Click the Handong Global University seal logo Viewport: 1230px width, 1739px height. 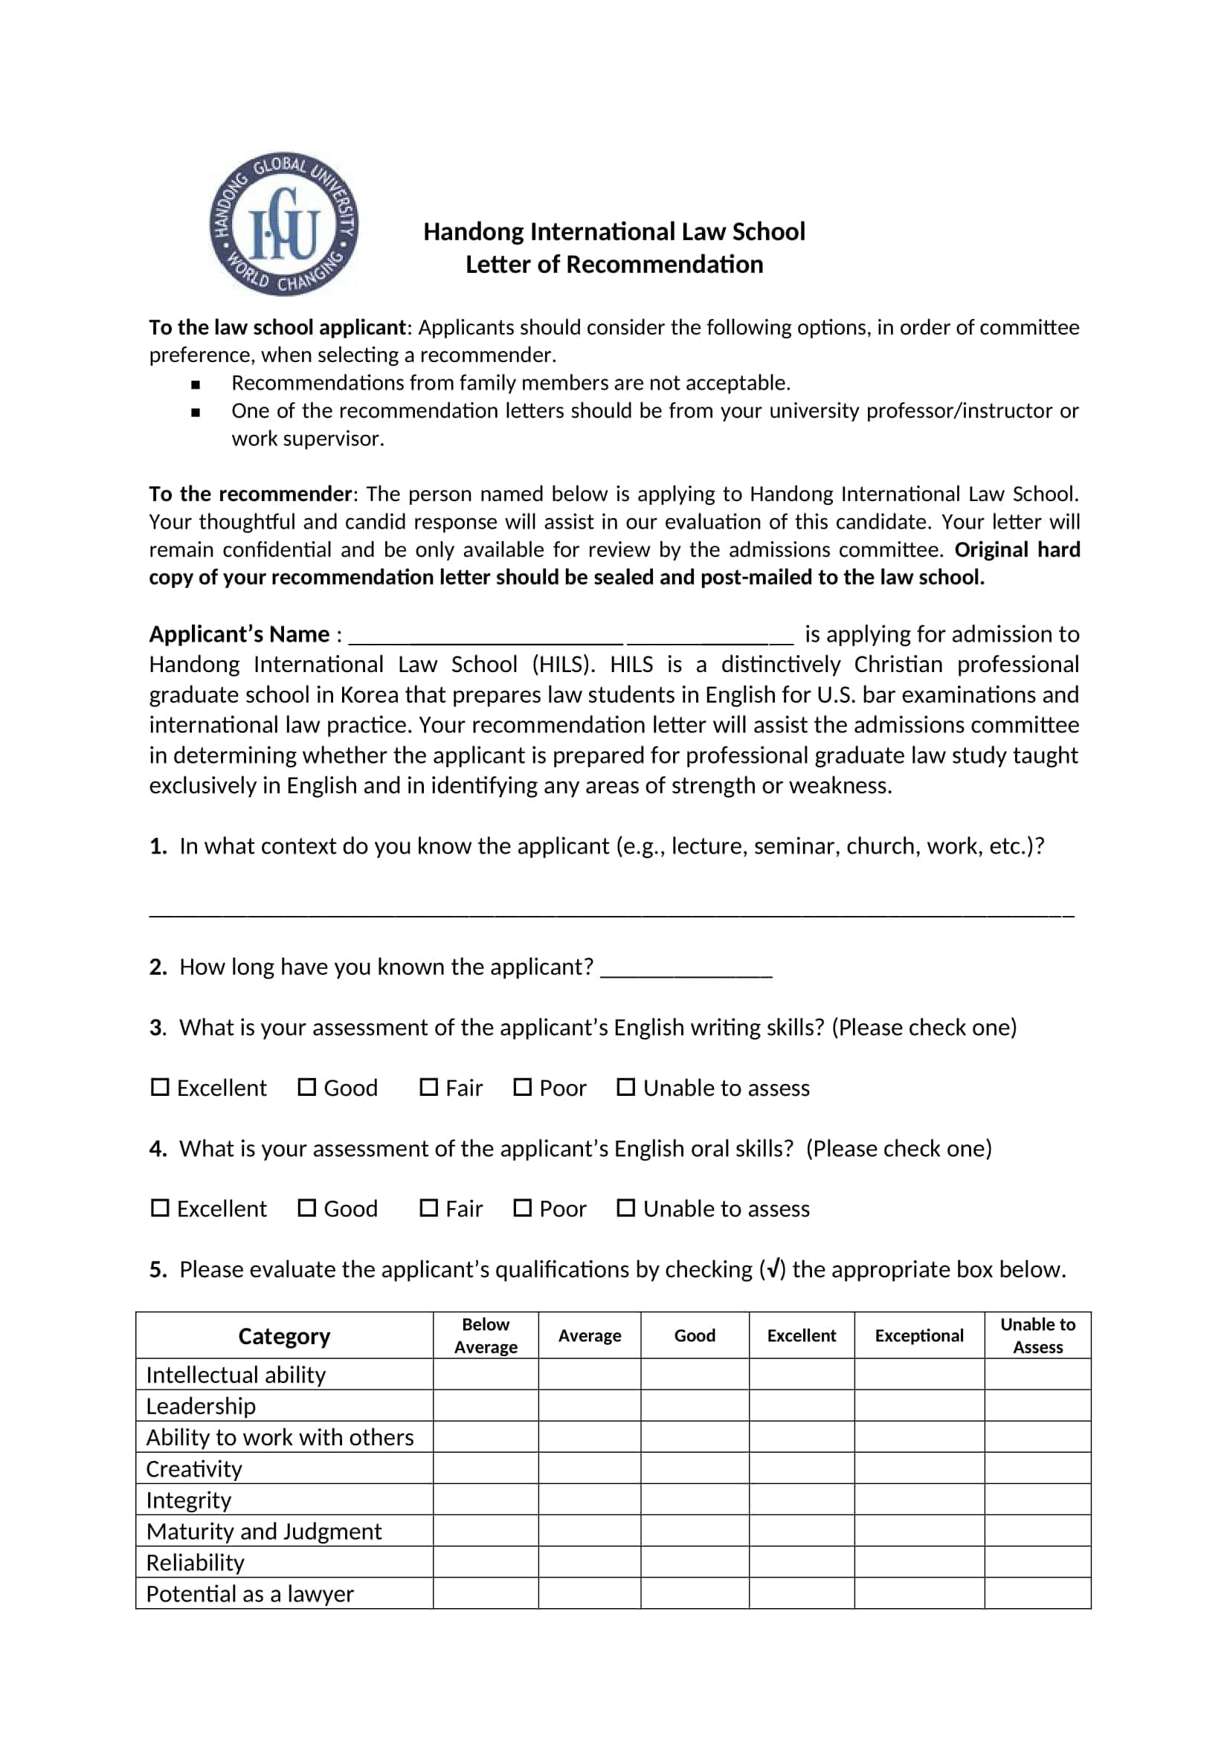(284, 224)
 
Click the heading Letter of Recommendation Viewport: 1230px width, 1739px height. (614, 265)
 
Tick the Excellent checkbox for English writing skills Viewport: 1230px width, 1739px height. (160, 1088)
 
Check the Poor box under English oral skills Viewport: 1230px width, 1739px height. (523, 1208)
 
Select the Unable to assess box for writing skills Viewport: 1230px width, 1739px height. (625, 1088)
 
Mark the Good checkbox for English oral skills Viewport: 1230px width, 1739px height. (306, 1208)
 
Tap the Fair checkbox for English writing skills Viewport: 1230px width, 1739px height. (428, 1088)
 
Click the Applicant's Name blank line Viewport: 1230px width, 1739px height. (570, 635)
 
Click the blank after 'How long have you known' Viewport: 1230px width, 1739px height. (686, 969)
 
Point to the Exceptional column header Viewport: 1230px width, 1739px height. (918, 1335)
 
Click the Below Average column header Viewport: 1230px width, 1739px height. (486, 1335)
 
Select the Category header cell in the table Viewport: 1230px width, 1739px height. (284, 1336)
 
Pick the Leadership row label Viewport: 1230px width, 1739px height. (201, 1406)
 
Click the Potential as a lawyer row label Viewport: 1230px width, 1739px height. (250, 1593)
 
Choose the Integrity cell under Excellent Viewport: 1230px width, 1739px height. (802, 1500)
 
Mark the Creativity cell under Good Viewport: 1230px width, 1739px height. (695, 1468)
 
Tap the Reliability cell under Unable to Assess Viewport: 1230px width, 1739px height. (1037, 1563)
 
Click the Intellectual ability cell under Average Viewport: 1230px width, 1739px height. (589, 1374)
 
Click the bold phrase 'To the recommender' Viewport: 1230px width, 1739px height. (250, 494)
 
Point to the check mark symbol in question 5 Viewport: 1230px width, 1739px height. (773, 1269)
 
